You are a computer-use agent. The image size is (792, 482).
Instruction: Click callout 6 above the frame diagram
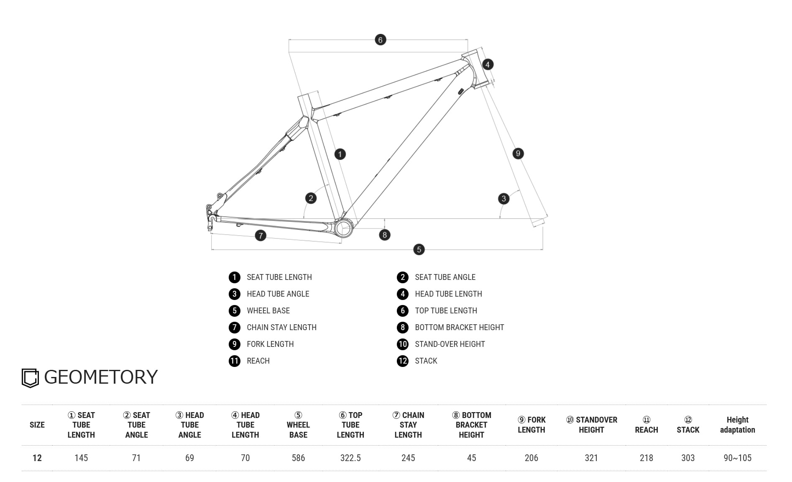coord(380,40)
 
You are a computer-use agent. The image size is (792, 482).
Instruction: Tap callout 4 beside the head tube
coord(487,64)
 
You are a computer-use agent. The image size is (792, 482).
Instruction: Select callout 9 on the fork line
coord(518,154)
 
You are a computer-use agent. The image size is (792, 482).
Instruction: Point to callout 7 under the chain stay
coord(261,236)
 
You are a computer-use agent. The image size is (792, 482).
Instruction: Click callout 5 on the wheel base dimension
coord(419,250)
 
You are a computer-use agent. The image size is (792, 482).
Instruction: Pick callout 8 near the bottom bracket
coord(384,235)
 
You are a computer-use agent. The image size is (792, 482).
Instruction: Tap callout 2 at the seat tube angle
coord(311,198)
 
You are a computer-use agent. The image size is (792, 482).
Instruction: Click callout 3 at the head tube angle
coord(503,199)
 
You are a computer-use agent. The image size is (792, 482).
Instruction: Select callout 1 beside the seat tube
coord(340,154)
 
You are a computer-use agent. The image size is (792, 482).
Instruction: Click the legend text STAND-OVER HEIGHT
coord(450,344)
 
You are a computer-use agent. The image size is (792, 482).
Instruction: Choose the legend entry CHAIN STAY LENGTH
coord(281,328)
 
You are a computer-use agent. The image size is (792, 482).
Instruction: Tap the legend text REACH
coord(258,361)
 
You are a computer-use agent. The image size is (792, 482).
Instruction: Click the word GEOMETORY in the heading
coord(101,377)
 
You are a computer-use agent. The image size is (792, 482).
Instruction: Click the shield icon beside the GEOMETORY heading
coord(30,378)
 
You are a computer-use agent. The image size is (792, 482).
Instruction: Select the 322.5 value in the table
coord(350,458)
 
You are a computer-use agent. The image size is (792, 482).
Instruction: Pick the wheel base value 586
coord(298,458)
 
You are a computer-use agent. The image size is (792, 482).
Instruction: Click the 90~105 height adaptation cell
coord(737,458)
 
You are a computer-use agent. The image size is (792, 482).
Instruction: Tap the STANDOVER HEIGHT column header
coord(591,425)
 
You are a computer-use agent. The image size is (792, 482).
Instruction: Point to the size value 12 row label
coord(37,458)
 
